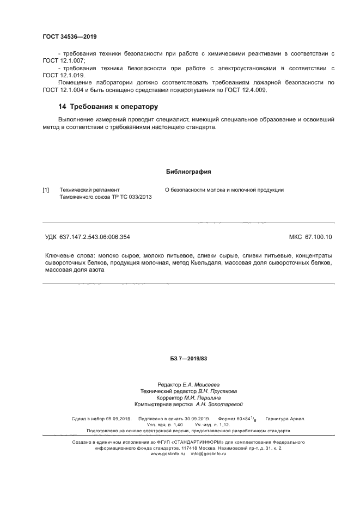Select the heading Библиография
(x=188, y=172)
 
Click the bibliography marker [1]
(x=46, y=190)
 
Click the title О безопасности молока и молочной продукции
(x=224, y=190)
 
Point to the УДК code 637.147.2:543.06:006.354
(x=97, y=237)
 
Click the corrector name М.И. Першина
(x=205, y=398)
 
